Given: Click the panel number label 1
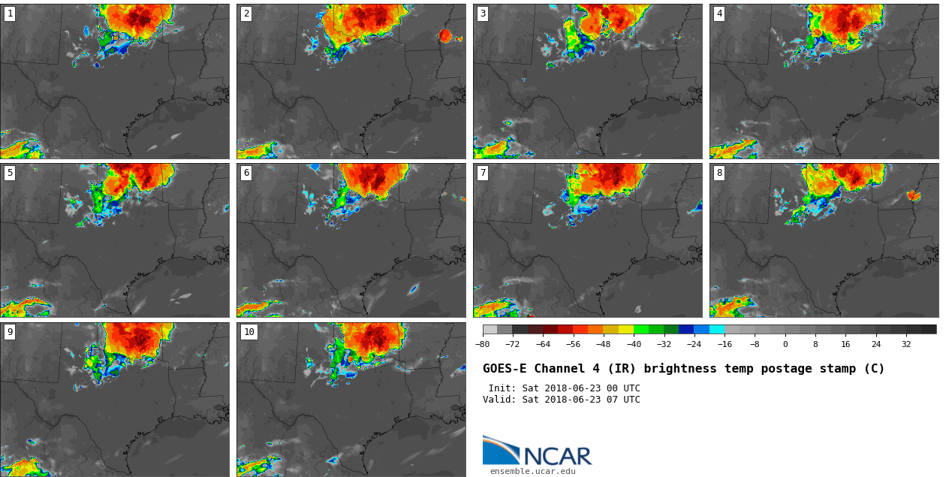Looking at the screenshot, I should (x=10, y=14).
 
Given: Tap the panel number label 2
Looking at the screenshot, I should (x=246, y=14).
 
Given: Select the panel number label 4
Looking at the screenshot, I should (x=719, y=14).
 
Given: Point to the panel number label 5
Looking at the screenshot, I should (x=10, y=173).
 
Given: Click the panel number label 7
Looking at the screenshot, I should (x=483, y=173).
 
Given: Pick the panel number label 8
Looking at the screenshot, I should (x=719, y=173).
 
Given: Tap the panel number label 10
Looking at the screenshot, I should (x=249, y=332).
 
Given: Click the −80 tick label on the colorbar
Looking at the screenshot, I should (x=482, y=345).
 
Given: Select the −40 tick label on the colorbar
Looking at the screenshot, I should (x=634, y=345).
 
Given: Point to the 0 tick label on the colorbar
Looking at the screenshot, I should (x=785, y=345).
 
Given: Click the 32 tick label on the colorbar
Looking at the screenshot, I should (x=906, y=345).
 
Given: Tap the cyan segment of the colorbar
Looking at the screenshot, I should (x=717, y=329).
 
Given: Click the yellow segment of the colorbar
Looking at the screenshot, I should (x=626, y=329).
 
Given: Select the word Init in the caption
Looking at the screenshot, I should (x=502, y=388).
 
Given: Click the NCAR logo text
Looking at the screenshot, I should (x=557, y=456).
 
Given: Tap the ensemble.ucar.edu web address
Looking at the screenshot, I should (x=533, y=472).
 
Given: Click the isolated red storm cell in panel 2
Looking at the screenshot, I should (x=445, y=35).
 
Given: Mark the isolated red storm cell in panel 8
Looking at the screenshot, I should (x=913, y=195).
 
